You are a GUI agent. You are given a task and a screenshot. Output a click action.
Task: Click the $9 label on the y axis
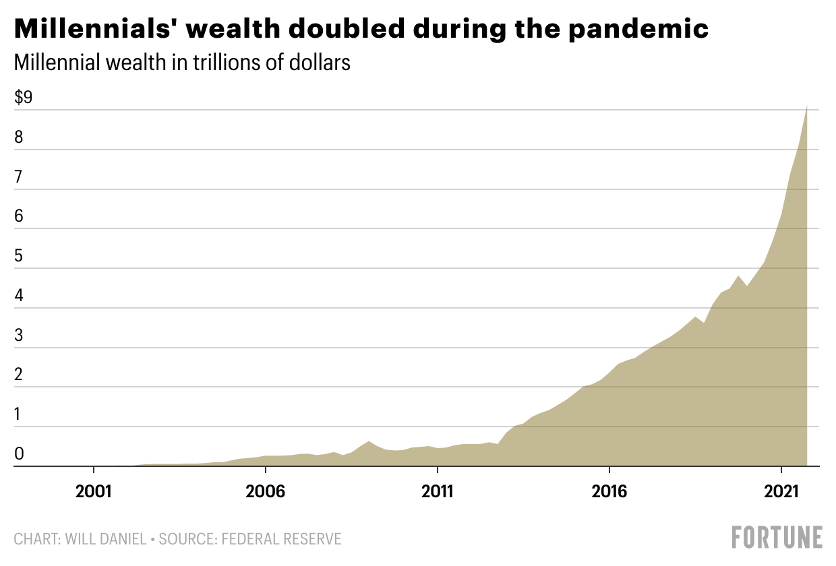pyautogui.click(x=24, y=98)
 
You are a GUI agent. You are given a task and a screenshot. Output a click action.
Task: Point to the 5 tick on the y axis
pyautogui.click(x=20, y=256)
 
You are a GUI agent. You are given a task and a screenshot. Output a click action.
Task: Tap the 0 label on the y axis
pyautogui.click(x=20, y=454)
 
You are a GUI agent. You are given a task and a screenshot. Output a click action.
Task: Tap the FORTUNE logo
pyautogui.click(x=777, y=537)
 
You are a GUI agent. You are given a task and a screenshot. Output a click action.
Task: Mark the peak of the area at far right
pyautogui.click(x=806, y=106)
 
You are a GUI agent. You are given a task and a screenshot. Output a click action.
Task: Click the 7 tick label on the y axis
pyautogui.click(x=20, y=177)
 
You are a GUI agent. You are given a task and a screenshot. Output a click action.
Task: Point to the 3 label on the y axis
pyautogui.click(x=20, y=336)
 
